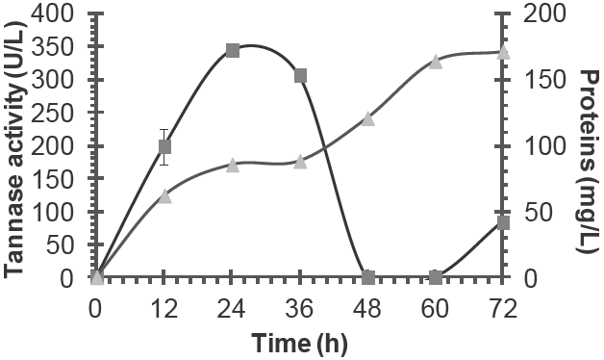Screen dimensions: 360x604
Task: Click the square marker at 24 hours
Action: coord(232,50)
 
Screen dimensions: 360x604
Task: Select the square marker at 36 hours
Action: coord(300,76)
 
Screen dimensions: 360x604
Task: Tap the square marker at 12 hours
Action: coord(164,146)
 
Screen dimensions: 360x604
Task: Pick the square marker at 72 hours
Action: coord(503,222)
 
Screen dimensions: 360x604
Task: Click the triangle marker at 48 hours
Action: coord(367,119)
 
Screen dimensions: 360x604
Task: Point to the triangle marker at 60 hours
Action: coord(436,62)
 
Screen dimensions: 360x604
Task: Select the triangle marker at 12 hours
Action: coord(164,195)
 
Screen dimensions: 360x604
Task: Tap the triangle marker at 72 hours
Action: coord(503,53)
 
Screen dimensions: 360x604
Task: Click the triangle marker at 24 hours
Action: coord(232,166)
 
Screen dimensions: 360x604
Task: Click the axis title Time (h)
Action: coord(299,342)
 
